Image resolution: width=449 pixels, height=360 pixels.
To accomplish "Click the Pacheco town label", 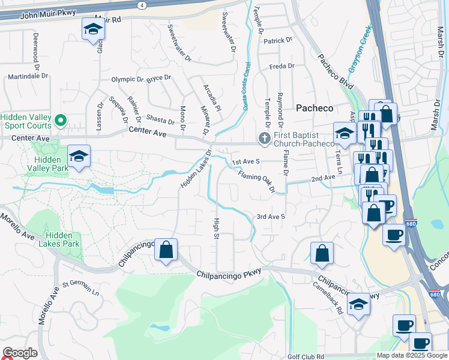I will [x=315, y=108].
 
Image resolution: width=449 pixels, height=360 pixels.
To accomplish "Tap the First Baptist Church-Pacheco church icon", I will [x=264, y=139].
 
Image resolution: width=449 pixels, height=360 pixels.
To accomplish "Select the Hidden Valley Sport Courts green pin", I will [x=60, y=121].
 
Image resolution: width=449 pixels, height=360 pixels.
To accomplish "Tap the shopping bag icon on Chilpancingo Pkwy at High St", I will [x=166, y=250].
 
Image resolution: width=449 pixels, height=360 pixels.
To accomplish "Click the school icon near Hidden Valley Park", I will [x=79, y=157].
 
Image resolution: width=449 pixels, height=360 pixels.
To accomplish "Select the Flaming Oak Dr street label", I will [x=256, y=182].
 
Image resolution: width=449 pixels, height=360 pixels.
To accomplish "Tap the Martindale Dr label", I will [x=28, y=77].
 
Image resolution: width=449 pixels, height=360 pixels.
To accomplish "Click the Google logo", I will [x=20, y=353].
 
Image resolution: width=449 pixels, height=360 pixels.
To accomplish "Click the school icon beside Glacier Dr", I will [x=93, y=31].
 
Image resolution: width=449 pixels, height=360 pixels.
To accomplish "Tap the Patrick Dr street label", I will [x=277, y=41].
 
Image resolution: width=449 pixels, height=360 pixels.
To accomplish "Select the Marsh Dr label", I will [x=435, y=115].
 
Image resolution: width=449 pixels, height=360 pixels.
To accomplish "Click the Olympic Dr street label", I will [x=127, y=79].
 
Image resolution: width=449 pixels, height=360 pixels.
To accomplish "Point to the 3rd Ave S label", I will [x=270, y=216].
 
